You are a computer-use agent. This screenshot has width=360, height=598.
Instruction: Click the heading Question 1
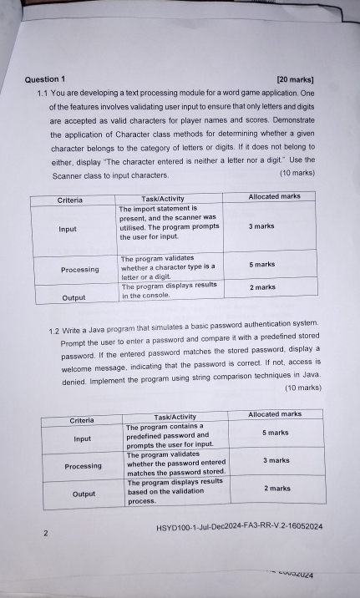[47, 79]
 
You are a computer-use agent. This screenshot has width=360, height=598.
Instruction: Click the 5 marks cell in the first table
[262, 264]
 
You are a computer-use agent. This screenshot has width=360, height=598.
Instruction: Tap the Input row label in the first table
[68, 229]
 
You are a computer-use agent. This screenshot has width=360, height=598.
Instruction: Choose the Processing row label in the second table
[84, 466]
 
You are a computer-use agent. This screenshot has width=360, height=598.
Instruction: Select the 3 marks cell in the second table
[276, 460]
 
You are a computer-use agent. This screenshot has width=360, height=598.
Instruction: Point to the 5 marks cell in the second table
[276, 433]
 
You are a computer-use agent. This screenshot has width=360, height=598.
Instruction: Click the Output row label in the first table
[74, 297]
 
